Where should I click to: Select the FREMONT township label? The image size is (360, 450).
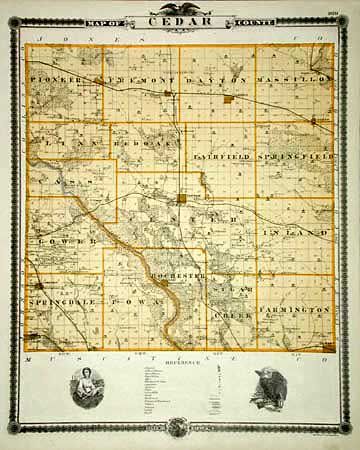tap(131, 78)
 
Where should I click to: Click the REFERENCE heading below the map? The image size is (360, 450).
tap(180, 362)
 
